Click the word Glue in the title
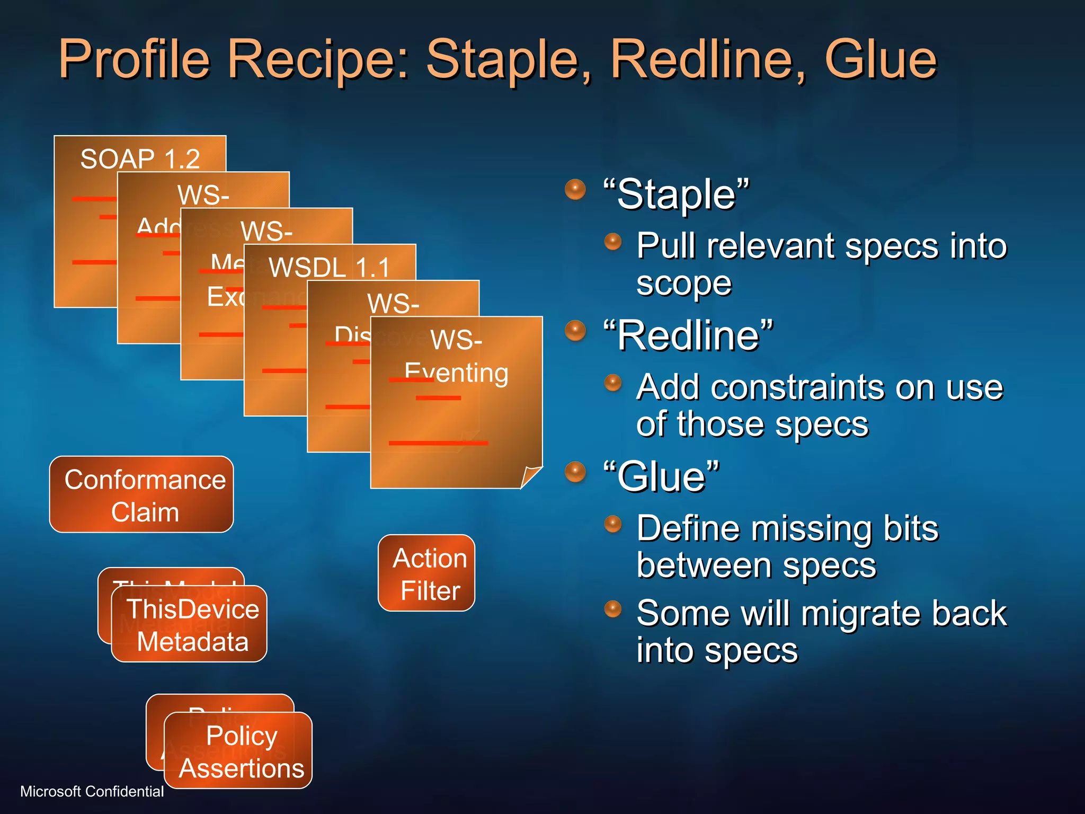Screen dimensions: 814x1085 (880, 59)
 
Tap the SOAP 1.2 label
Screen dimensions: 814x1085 (140, 158)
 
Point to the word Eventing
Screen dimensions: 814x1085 (456, 373)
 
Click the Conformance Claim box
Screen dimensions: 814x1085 (141, 495)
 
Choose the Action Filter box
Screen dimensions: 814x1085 (426, 573)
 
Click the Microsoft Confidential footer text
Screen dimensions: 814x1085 (92, 791)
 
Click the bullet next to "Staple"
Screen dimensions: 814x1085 (575, 189)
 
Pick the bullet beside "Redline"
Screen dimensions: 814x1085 (575, 331)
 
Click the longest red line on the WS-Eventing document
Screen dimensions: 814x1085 (438, 443)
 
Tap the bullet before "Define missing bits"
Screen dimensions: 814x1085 (613, 524)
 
